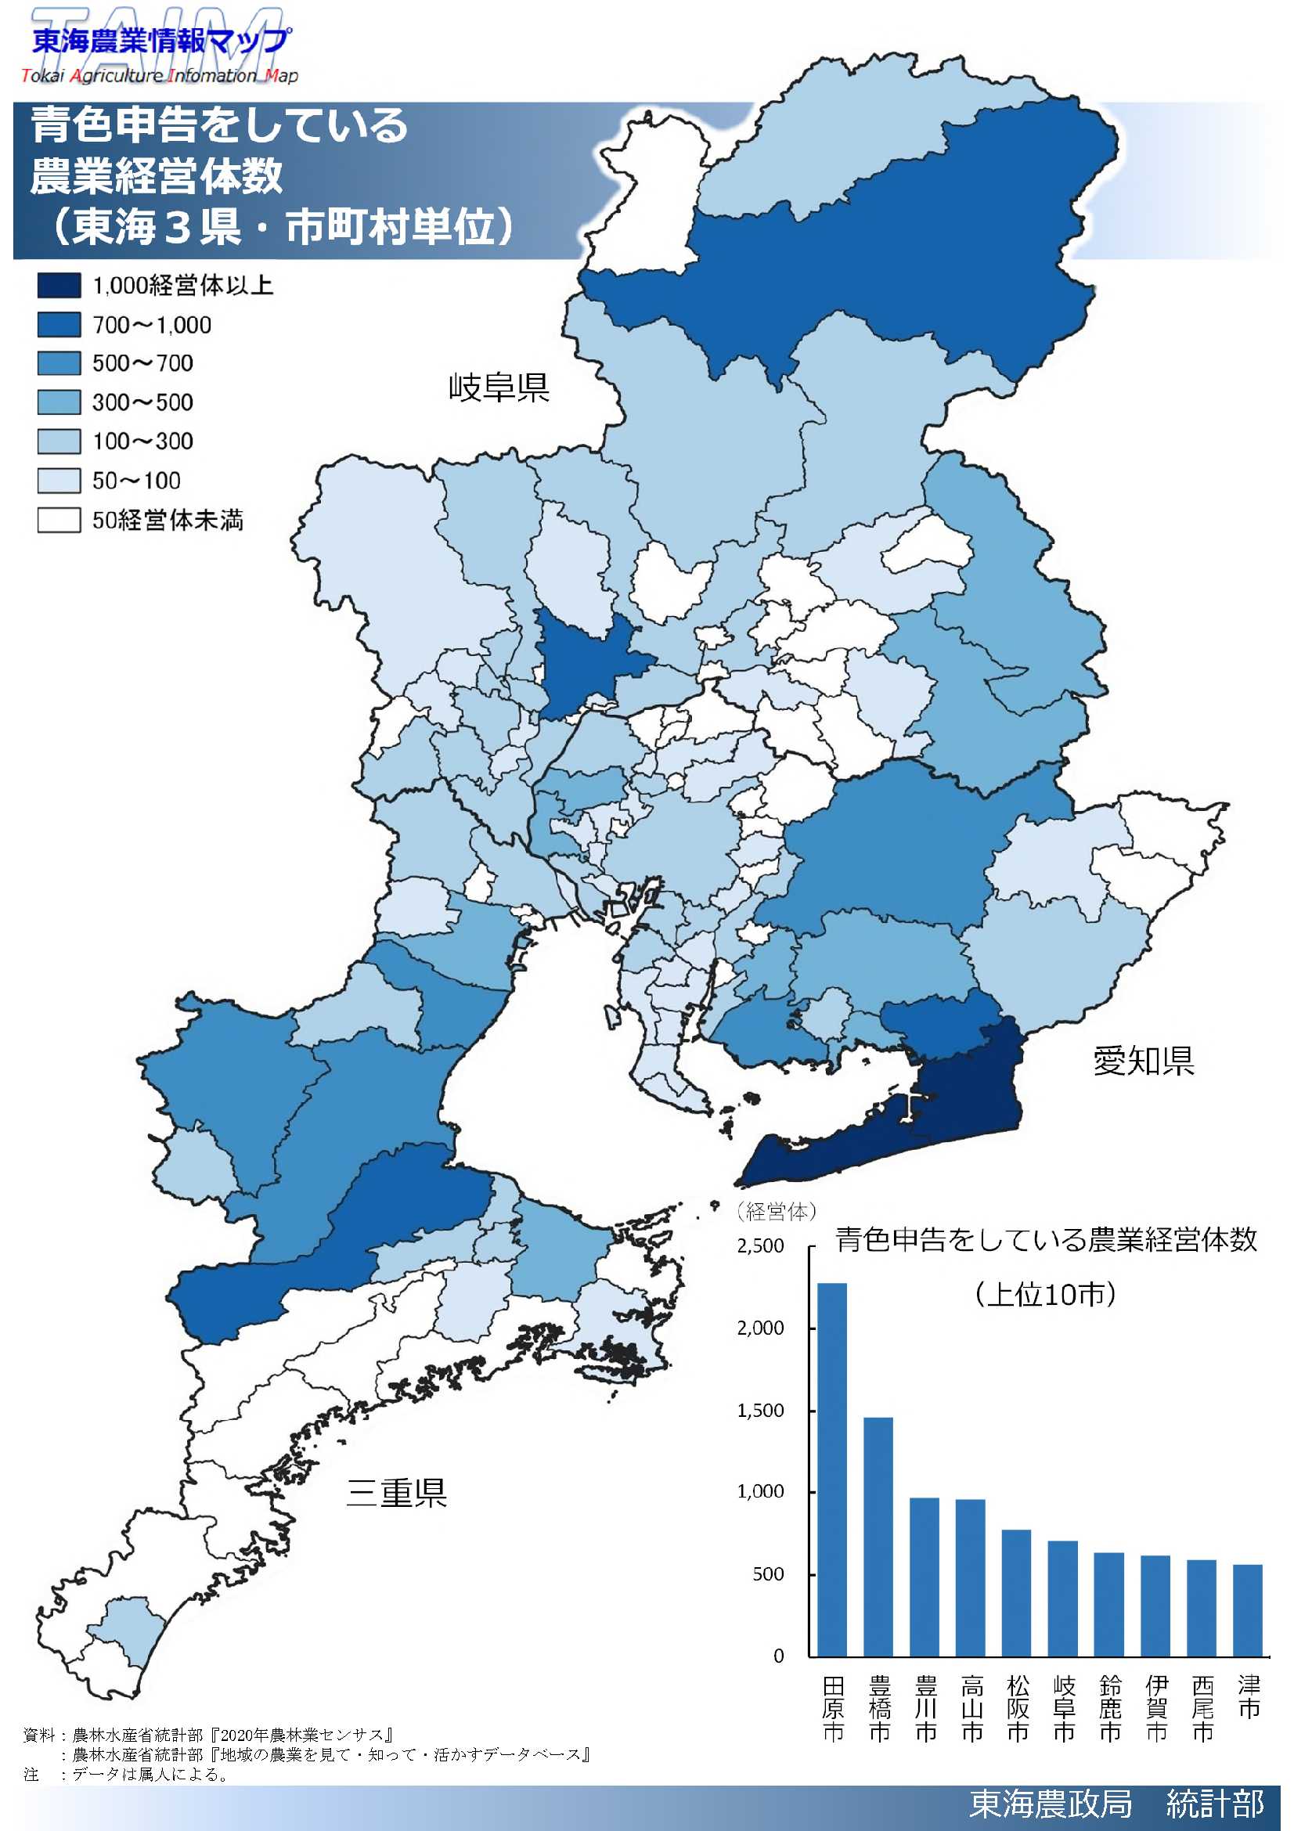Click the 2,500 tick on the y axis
click(x=761, y=1245)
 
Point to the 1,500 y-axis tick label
click(x=761, y=1410)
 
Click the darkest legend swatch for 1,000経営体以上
click(x=59, y=286)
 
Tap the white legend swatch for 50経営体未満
click(x=59, y=520)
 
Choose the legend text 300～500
click(x=142, y=402)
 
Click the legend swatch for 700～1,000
click(x=59, y=325)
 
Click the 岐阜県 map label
click(x=499, y=387)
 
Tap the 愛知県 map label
click(x=1144, y=1061)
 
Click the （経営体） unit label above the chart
click(x=777, y=1212)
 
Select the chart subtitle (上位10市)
click(x=1044, y=1293)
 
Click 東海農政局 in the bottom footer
click(x=1050, y=1804)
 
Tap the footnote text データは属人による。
click(x=152, y=1775)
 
